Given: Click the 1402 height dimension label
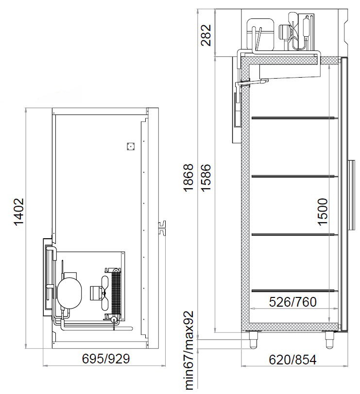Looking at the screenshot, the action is coord(19,213).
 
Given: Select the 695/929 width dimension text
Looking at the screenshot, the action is coord(106,359).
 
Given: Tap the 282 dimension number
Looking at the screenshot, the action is coord(206,35).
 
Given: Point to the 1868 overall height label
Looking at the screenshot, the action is coord(189,178).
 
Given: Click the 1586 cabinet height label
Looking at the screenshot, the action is coord(206,178).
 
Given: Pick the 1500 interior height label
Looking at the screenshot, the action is coord(323,212).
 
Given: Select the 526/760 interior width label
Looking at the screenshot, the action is coord(292,302).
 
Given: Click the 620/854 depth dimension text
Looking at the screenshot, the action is coord(292,360).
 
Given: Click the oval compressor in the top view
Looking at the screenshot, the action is coord(69,293).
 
